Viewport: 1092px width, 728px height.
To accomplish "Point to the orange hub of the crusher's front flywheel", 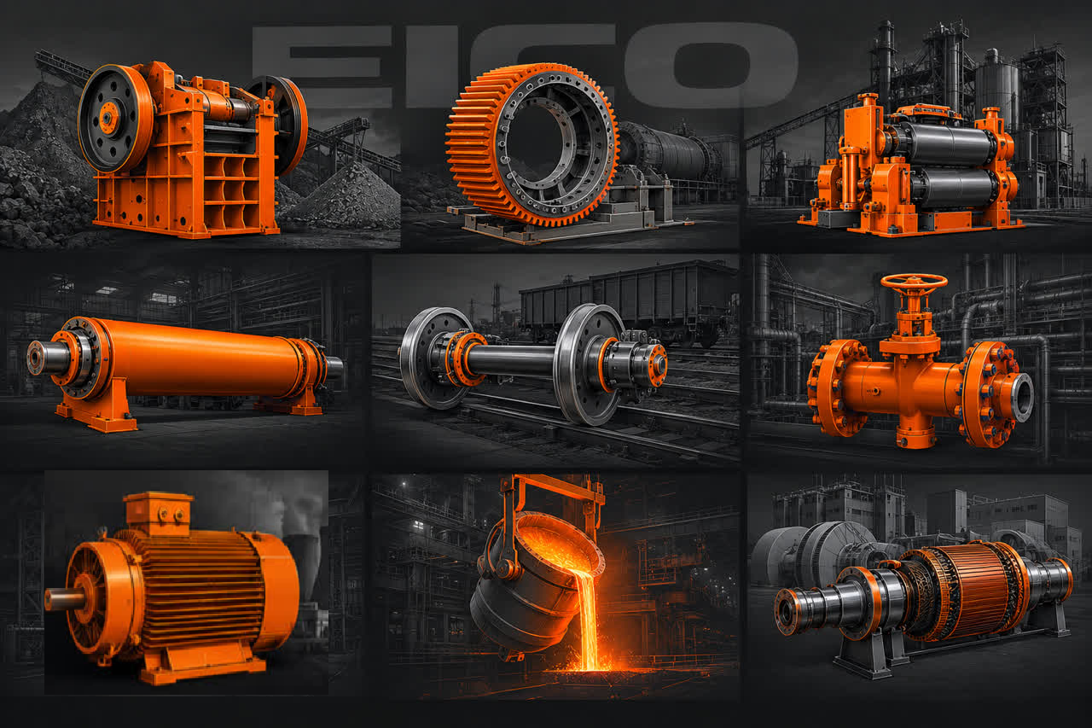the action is point(108,118).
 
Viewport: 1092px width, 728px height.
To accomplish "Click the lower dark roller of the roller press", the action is point(953,189).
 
